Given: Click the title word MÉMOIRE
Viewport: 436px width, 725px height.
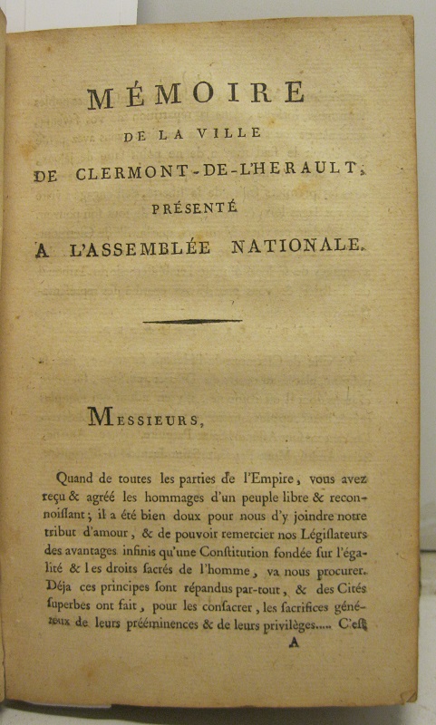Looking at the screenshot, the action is coord(196,94).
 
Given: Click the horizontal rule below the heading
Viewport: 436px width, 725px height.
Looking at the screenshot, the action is coord(192,321).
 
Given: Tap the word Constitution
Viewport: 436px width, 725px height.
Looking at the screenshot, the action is coord(218,549).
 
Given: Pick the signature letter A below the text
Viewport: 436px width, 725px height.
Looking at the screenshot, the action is coord(293,644).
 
